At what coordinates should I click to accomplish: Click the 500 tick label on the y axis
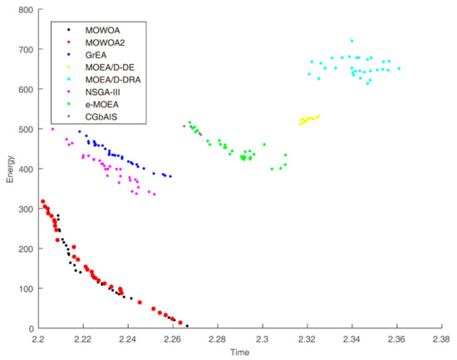(x=25, y=130)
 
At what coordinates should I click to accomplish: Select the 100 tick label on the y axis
(x=25, y=289)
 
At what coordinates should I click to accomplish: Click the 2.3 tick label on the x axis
(x=263, y=339)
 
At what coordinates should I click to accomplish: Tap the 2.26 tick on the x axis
(x=173, y=339)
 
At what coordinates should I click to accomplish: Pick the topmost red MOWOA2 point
(x=43, y=202)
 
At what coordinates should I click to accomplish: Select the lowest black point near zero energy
(x=187, y=326)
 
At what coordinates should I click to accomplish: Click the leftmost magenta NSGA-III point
(x=52, y=129)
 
